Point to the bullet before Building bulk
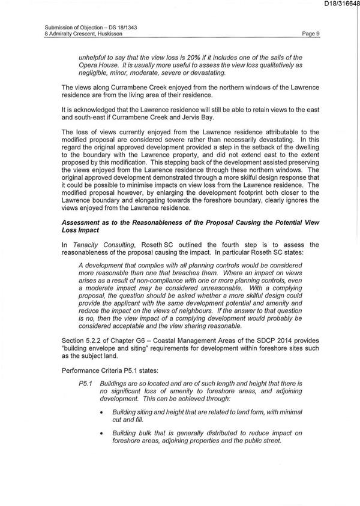(105, 433)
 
